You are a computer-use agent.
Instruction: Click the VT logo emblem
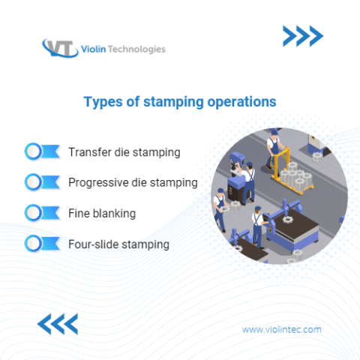(59, 49)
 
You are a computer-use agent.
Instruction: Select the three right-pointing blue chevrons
(302, 35)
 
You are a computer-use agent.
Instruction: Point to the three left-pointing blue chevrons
(58, 324)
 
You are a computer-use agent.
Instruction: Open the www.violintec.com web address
(282, 329)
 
